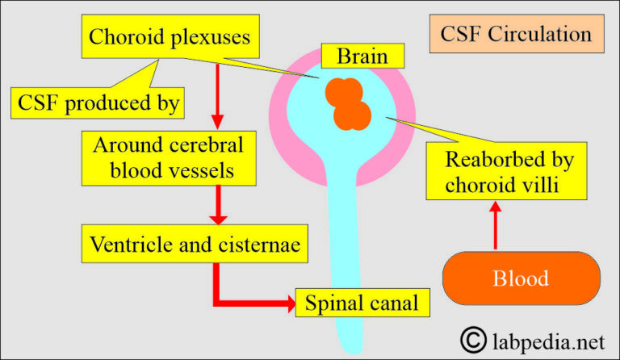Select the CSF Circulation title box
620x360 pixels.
tap(515, 35)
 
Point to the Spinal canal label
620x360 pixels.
tap(362, 303)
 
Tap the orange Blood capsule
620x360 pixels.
tap(521, 278)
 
